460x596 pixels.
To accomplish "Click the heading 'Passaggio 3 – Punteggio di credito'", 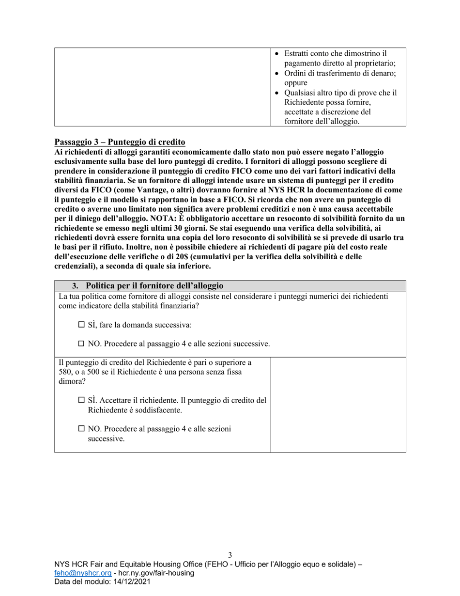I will coord(120,142).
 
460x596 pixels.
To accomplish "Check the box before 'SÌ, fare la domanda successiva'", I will coord(81,325).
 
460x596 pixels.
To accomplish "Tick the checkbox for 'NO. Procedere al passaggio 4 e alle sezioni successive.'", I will coord(81,344).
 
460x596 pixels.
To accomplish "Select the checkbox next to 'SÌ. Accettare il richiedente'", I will coord(81,401).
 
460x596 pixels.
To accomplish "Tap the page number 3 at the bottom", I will coord(230,555).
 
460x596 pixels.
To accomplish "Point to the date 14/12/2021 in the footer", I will coord(131,582).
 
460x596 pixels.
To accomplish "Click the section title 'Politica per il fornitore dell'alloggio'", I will coord(154,285).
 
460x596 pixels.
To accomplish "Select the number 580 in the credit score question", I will coord(64,372).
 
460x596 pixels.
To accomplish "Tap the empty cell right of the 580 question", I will coord(338,405).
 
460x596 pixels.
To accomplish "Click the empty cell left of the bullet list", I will coord(162,87).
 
